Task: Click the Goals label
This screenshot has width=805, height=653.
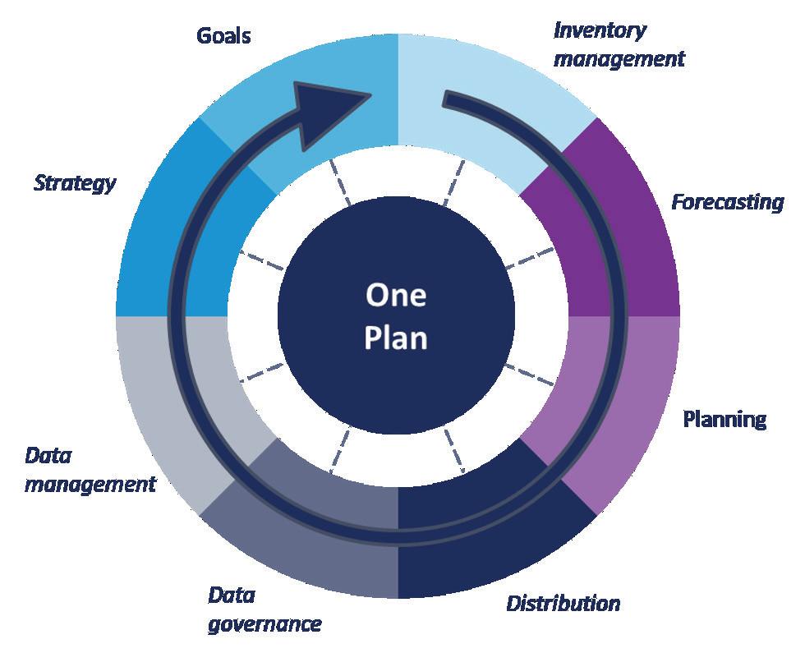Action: [223, 36]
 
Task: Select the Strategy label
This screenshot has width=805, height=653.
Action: [75, 182]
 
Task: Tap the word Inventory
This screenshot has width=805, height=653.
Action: [600, 31]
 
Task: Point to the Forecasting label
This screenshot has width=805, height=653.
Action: [727, 201]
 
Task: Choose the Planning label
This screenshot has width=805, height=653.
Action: [724, 419]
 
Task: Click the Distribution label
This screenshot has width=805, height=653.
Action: [563, 604]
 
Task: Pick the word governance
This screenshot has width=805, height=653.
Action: [264, 624]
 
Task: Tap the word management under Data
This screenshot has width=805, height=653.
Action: [90, 484]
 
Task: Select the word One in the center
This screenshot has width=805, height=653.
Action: [396, 295]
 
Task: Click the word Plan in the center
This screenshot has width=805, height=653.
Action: [396, 338]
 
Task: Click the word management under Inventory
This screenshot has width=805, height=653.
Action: [619, 59]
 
